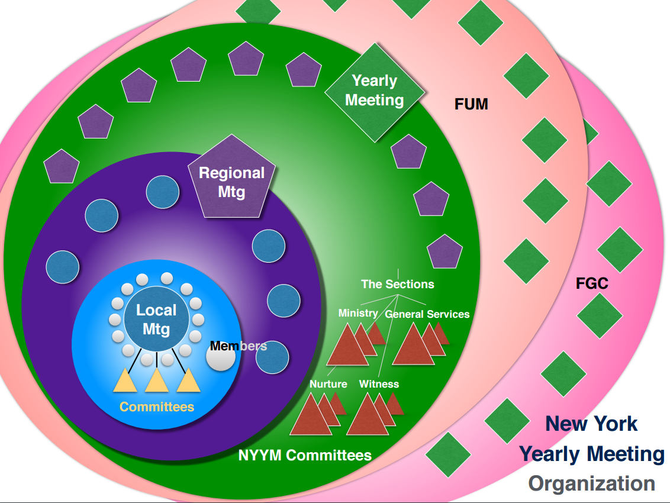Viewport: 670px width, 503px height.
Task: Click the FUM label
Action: (x=471, y=105)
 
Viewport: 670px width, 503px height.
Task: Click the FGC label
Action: (x=592, y=283)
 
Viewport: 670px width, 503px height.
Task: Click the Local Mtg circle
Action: (x=156, y=320)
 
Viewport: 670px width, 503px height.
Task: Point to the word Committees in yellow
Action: (x=157, y=407)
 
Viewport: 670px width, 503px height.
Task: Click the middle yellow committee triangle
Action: (x=156, y=382)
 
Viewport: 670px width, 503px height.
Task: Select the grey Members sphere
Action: (x=221, y=357)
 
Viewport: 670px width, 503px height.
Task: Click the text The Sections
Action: (x=397, y=284)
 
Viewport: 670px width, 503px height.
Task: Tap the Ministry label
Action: (x=358, y=313)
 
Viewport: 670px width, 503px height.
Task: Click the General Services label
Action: (x=427, y=314)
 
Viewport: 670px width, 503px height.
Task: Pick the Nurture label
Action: (x=328, y=384)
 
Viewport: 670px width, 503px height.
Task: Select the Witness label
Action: (x=379, y=384)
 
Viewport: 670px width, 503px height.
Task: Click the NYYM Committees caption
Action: (x=305, y=456)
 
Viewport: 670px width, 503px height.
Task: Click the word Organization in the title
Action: (x=591, y=483)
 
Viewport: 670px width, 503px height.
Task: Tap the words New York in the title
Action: (x=591, y=424)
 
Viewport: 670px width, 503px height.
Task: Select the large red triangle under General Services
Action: (x=413, y=348)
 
